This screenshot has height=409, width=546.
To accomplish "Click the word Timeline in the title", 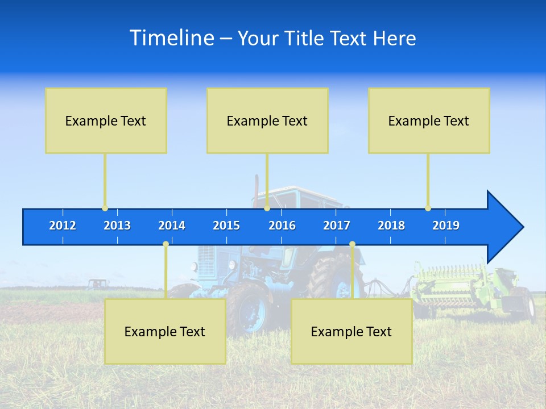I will [172, 38].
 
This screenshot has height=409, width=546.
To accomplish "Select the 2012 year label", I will [63, 226].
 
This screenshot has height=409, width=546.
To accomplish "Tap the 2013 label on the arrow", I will [117, 226].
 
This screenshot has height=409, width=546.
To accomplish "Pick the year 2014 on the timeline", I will [172, 226].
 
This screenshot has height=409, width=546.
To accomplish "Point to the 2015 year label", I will [226, 226].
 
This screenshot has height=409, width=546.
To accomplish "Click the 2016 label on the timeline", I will [282, 226].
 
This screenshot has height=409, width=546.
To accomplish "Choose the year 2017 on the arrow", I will [337, 226].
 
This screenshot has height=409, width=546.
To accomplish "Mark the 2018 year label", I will [391, 226].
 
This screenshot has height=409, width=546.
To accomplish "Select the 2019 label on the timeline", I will [446, 226].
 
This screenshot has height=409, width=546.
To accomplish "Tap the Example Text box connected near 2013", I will [106, 120].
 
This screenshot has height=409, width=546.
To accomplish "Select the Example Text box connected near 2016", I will [267, 120].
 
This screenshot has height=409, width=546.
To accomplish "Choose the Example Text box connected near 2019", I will [429, 120].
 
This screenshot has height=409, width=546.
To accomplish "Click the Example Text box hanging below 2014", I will [165, 331].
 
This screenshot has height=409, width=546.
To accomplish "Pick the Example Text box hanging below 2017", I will [351, 331].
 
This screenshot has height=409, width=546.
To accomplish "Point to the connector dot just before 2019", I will [428, 208].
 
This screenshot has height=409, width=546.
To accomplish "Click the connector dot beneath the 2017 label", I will [352, 244].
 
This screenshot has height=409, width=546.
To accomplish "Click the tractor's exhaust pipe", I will [257, 187].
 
